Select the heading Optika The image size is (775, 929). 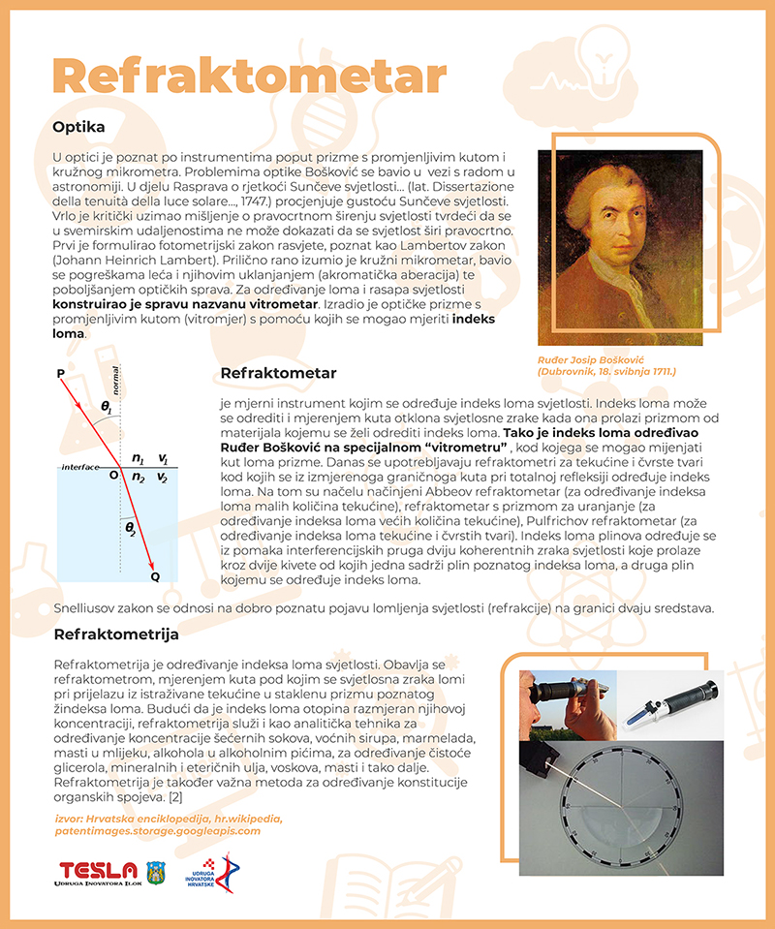tap(78, 127)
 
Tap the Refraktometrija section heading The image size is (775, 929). tap(116, 635)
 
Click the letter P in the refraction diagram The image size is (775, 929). tap(60, 372)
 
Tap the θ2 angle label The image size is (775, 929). tap(133, 528)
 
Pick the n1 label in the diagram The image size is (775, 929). tap(138, 459)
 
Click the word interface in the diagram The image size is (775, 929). tap(80, 467)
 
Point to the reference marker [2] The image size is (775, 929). tap(176, 795)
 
